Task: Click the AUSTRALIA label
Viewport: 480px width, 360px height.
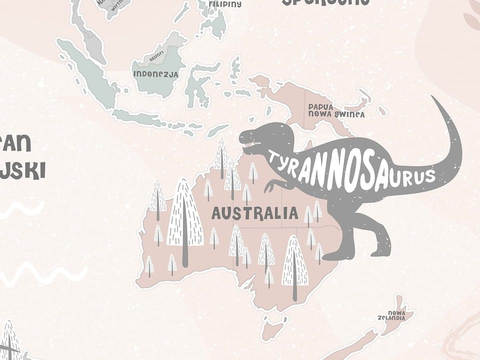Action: pos(254,213)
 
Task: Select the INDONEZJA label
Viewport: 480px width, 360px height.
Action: pos(155,73)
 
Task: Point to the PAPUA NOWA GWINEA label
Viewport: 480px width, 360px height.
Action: pos(335,110)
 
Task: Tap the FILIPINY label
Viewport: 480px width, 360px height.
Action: pos(224,3)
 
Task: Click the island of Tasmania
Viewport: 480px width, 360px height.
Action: pos(274,328)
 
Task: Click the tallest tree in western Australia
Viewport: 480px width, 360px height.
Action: pos(184,220)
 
